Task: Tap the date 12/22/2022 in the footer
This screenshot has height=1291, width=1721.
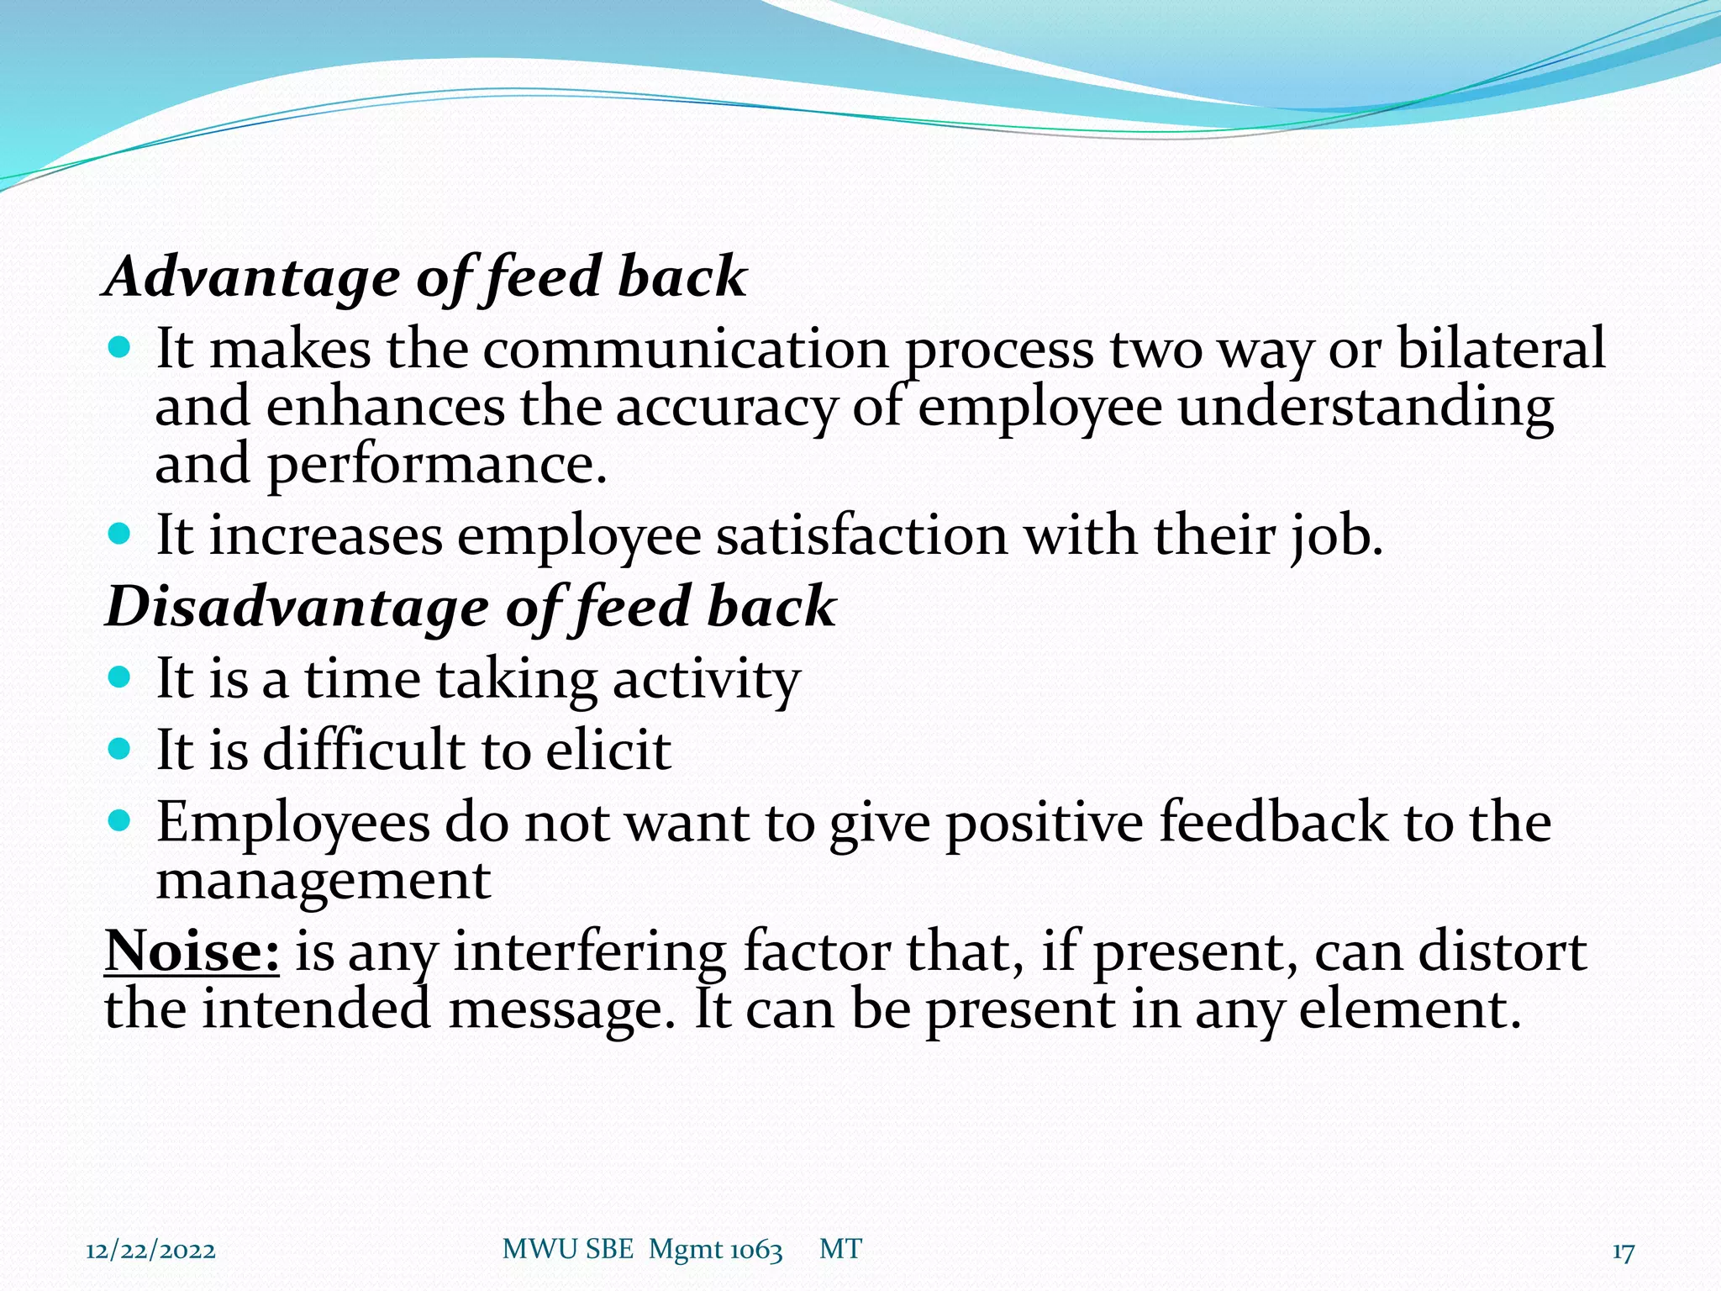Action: tap(150, 1251)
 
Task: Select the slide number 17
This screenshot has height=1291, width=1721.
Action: tap(1623, 1252)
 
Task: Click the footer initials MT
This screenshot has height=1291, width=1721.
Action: tap(840, 1250)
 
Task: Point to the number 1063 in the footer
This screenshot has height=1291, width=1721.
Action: tap(755, 1251)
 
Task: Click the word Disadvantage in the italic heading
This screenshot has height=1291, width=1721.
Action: tap(297, 607)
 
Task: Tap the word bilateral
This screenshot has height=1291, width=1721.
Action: tap(1501, 348)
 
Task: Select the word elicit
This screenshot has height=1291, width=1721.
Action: tap(608, 750)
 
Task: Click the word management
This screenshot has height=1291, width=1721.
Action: tap(323, 881)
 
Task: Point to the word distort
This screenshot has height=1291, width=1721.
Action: tap(1503, 952)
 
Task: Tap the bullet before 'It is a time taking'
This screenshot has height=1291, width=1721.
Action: tap(121, 677)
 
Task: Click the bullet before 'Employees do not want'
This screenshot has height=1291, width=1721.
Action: tap(121, 820)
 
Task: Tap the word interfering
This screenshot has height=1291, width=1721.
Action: tap(589, 952)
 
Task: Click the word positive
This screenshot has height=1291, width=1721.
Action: tap(1045, 823)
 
